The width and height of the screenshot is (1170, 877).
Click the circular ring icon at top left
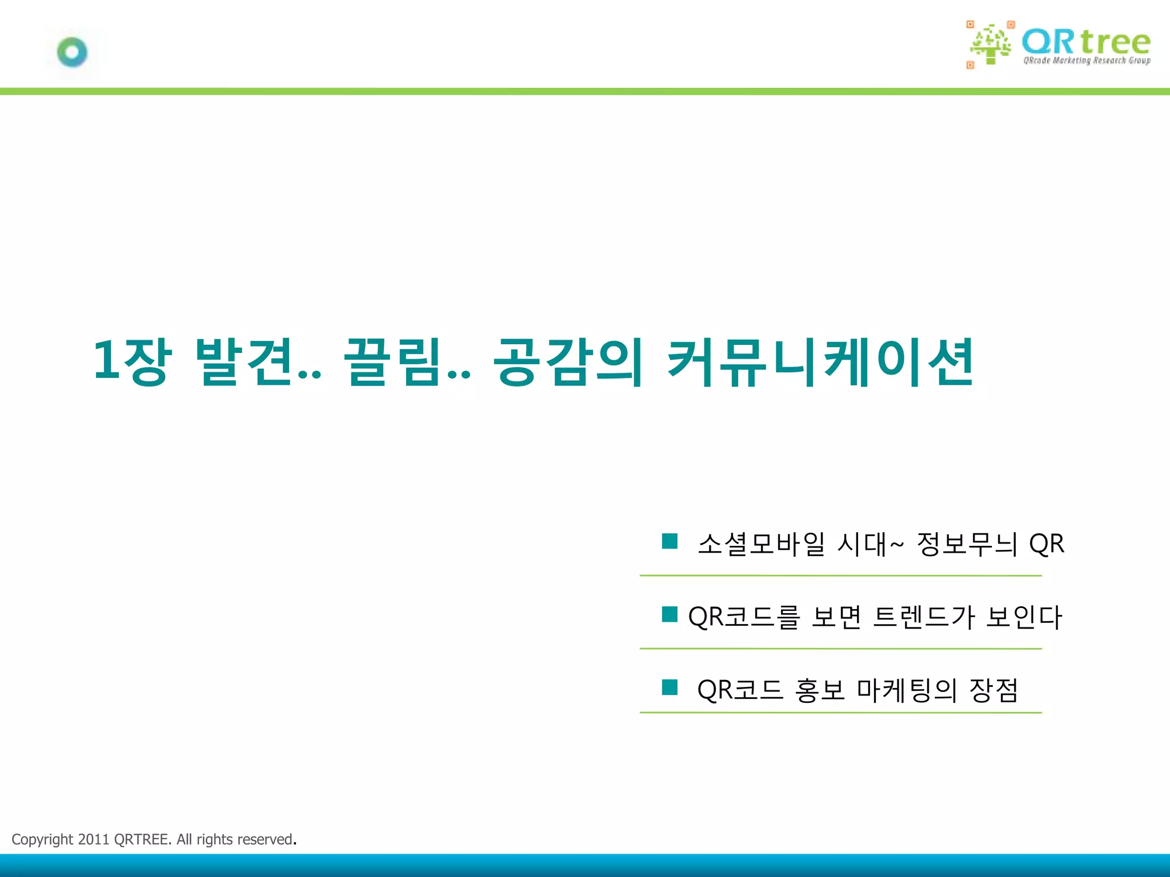pos(73,53)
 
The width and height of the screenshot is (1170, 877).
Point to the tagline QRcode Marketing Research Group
pos(1087,61)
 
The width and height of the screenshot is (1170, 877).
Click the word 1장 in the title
pos(132,361)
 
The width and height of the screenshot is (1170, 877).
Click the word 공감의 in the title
pos(568,361)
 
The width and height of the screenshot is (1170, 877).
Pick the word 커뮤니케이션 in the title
pos(820,361)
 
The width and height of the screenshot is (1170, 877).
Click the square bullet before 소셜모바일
pos(670,541)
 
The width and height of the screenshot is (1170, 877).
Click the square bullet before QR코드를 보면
pos(670,614)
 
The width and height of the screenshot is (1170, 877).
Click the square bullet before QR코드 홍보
pos(670,687)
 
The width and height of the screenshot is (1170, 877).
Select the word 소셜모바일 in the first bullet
pos(762,544)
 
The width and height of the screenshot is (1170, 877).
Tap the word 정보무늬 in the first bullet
pos(967,544)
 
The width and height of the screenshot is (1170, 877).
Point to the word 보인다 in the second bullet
pos(1024,617)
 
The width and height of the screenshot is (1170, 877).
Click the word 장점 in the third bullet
pos(994,690)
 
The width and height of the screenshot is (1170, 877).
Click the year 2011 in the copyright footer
pos(93,839)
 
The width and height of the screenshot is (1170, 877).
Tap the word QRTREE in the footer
pos(142,839)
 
